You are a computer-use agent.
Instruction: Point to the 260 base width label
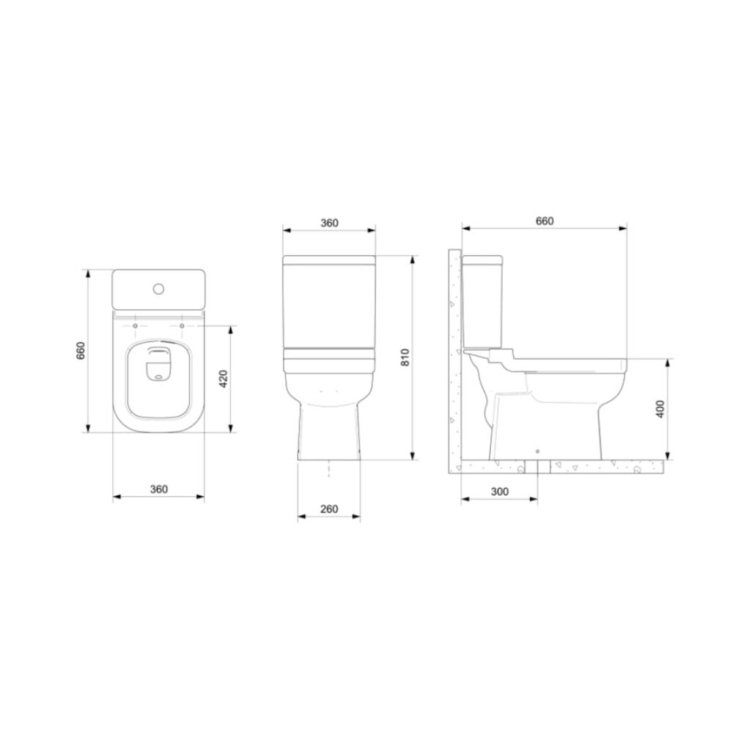pyautogui.click(x=329, y=509)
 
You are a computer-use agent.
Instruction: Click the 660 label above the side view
pyautogui.click(x=544, y=221)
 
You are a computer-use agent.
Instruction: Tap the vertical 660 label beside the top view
pyautogui.click(x=82, y=351)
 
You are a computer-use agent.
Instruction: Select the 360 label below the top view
pyautogui.click(x=158, y=489)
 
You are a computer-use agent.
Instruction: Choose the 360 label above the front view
pyautogui.click(x=329, y=223)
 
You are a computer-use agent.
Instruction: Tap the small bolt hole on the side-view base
pyautogui.click(x=537, y=451)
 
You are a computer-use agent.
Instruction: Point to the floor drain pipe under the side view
pyautogui.click(x=537, y=468)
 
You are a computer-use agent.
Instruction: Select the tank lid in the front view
pyautogui.click(x=329, y=260)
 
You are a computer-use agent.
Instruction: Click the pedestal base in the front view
pyautogui.click(x=329, y=432)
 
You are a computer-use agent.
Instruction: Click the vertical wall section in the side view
pyautogui.click(x=454, y=352)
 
